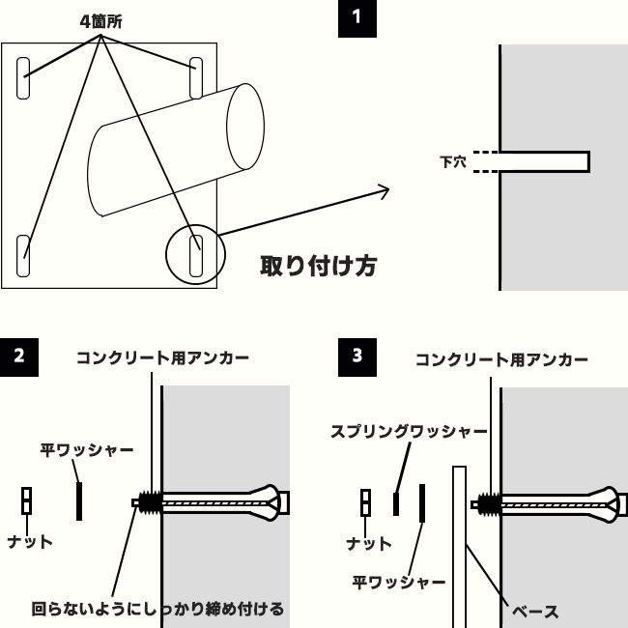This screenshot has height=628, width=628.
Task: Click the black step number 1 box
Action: pyautogui.click(x=357, y=18)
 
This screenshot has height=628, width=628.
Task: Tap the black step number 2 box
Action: pyautogui.click(x=19, y=357)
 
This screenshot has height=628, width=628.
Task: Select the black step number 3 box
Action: pyautogui.click(x=357, y=357)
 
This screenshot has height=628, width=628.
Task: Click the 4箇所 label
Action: pyautogui.click(x=100, y=21)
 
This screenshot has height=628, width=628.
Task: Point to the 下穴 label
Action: pyautogui.click(x=453, y=162)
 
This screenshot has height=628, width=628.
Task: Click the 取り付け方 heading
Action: pyautogui.click(x=319, y=266)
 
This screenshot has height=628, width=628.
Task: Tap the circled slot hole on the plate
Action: pyautogui.click(x=196, y=255)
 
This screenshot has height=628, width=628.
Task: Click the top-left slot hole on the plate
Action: pyautogui.click(x=23, y=78)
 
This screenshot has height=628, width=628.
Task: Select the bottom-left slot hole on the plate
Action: pyautogui.click(x=23, y=255)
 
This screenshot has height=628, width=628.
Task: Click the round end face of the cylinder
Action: pyautogui.click(x=245, y=127)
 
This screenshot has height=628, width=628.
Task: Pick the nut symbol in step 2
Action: pyautogui.click(x=26, y=500)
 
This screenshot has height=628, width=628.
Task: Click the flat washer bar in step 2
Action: pyautogui.click(x=79, y=501)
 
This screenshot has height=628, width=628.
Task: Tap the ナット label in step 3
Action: pyautogui.click(x=369, y=544)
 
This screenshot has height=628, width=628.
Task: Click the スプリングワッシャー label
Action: pyautogui.click(x=409, y=431)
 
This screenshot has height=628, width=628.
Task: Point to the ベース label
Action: pyautogui.click(x=535, y=612)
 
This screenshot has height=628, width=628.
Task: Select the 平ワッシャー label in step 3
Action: pyautogui.click(x=399, y=582)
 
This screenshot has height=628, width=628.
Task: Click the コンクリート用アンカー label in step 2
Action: pyautogui.click(x=162, y=357)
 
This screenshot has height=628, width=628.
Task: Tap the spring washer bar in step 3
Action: pyautogui.click(x=396, y=503)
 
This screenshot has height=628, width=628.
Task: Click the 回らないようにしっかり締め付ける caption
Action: pyautogui.click(x=157, y=609)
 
